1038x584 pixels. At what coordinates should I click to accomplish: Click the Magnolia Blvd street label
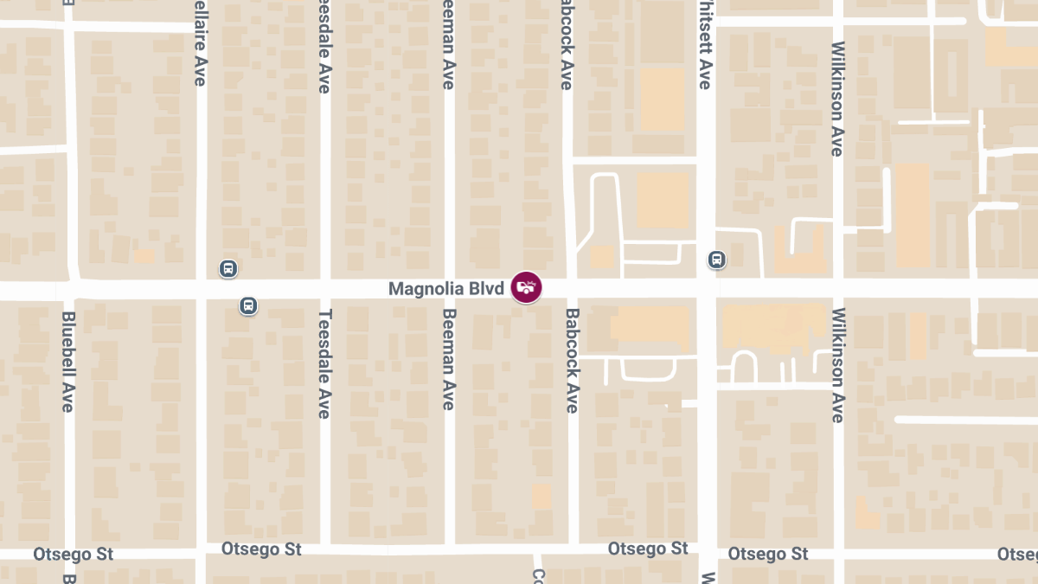[x=445, y=288]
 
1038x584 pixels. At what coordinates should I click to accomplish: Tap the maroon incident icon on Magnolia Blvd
[x=526, y=287]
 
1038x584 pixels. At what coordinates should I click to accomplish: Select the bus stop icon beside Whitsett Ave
[x=716, y=259]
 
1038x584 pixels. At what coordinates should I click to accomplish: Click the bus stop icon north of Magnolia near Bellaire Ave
[x=227, y=268]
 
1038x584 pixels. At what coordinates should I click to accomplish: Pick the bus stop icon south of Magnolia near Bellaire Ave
[x=248, y=305]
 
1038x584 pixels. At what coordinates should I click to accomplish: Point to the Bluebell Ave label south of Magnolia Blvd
[x=69, y=361]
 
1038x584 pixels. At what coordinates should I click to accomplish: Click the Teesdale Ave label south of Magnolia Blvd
[x=324, y=363]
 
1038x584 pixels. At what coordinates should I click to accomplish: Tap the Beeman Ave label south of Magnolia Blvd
[x=448, y=359]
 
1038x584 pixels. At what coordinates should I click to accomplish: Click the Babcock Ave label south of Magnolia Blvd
[x=572, y=361]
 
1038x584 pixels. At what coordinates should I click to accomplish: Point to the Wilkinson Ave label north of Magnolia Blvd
[x=836, y=99]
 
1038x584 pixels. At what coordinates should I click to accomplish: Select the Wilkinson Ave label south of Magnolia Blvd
[x=836, y=365]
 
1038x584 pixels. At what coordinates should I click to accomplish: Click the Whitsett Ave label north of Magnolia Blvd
[x=704, y=48]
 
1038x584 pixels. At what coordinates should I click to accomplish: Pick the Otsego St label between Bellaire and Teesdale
[x=260, y=549]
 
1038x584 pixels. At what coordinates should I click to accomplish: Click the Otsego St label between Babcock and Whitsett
[x=648, y=549]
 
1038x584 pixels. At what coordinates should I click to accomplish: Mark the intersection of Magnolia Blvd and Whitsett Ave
[x=707, y=288]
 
